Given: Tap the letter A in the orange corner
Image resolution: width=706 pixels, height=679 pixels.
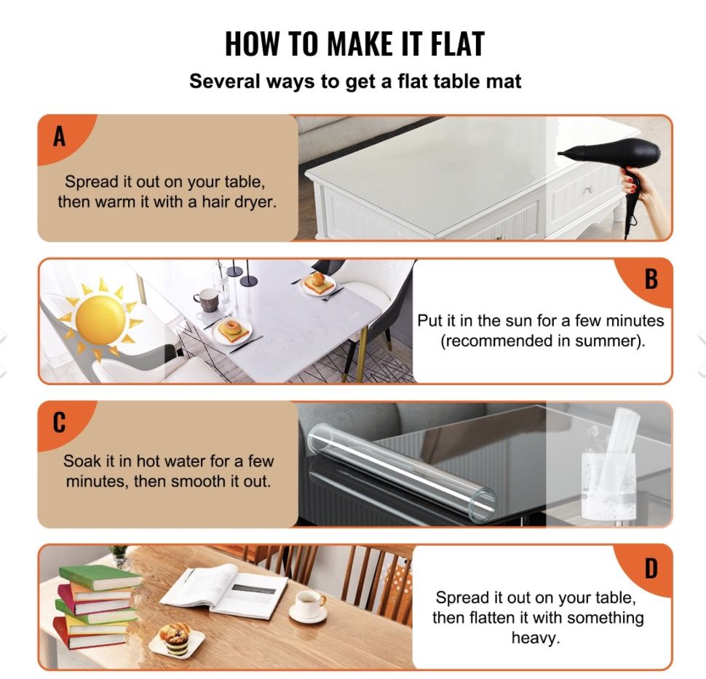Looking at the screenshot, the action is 60,136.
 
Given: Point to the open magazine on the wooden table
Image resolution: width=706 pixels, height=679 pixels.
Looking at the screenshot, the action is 223,590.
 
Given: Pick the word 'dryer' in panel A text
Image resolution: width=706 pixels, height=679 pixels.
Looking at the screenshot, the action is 255,202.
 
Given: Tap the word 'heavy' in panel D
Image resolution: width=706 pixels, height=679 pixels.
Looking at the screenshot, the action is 534,638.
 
